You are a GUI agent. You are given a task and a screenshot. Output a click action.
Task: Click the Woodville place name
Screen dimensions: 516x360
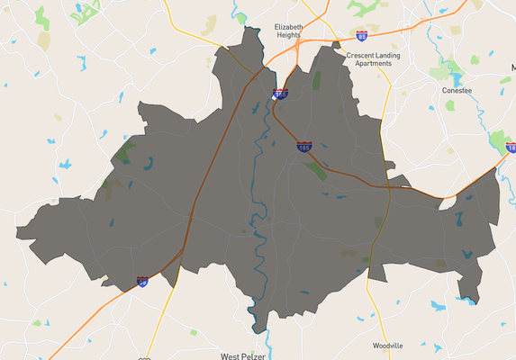388,345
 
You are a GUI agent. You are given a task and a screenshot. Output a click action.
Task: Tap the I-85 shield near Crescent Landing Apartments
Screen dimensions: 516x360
361,36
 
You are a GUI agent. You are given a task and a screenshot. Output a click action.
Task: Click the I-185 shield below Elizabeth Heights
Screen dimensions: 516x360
280,93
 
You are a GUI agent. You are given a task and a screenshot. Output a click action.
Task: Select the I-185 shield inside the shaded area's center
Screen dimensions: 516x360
304,145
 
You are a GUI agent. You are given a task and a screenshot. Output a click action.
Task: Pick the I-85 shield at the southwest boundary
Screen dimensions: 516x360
142,282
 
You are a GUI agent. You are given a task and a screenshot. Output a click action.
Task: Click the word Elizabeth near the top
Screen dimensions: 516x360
289,28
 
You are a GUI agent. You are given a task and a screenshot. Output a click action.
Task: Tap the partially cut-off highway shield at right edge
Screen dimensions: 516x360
511,147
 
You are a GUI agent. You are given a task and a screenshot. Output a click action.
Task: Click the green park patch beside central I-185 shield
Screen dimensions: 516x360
315,168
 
